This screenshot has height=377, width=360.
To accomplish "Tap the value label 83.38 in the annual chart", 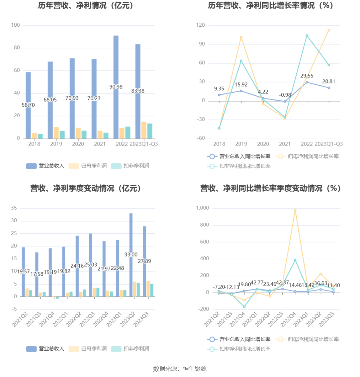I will click(138, 91).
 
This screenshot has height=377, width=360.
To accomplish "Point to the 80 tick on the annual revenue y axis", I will click(17, 48).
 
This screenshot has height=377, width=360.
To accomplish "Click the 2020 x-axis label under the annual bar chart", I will click(78, 144).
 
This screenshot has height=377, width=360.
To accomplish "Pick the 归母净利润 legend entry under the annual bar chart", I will click(88, 166).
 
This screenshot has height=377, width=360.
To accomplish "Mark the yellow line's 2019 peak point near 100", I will click(241, 37).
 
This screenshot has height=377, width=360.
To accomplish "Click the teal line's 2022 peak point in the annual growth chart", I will click(307, 36).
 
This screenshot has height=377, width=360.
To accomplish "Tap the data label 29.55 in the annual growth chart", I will click(307, 76).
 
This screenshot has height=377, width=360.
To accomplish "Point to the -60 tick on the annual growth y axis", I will click(201, 138).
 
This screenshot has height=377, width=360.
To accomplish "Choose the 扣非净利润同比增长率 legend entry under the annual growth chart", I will click(239, 166).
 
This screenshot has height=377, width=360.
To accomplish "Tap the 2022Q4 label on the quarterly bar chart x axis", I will click(101, 319).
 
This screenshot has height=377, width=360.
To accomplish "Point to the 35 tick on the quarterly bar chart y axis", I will click(14, 208).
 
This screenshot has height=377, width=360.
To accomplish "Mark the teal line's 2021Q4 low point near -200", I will click(244, 306).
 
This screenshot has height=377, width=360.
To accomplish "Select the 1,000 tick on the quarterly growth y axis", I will click(203, 208).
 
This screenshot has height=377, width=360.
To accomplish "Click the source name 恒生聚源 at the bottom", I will click(195, 369).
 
